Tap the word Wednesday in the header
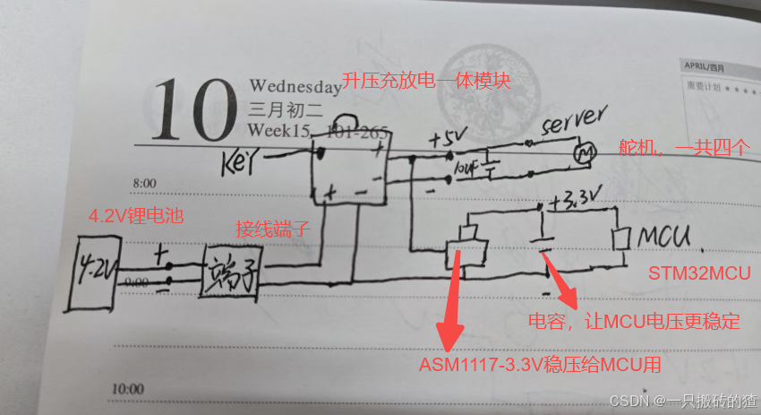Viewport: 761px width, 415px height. point(295,87)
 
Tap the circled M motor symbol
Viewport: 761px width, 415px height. point(585,154)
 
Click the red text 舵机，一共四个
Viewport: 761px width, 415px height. point(684,148)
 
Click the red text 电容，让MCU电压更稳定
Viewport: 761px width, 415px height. point(633,320)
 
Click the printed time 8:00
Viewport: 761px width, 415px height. point(143,184)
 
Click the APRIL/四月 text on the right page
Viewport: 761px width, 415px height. point(705,67)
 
